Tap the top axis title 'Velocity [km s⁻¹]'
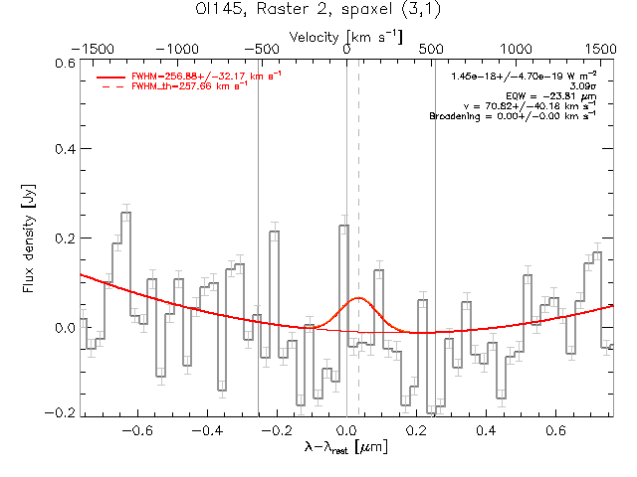[346, 36]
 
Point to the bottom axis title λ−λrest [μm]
[346, 448]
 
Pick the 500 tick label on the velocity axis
[431, 48]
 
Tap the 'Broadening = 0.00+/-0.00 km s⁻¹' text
[514, 116]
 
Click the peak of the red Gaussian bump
[358, 298]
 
